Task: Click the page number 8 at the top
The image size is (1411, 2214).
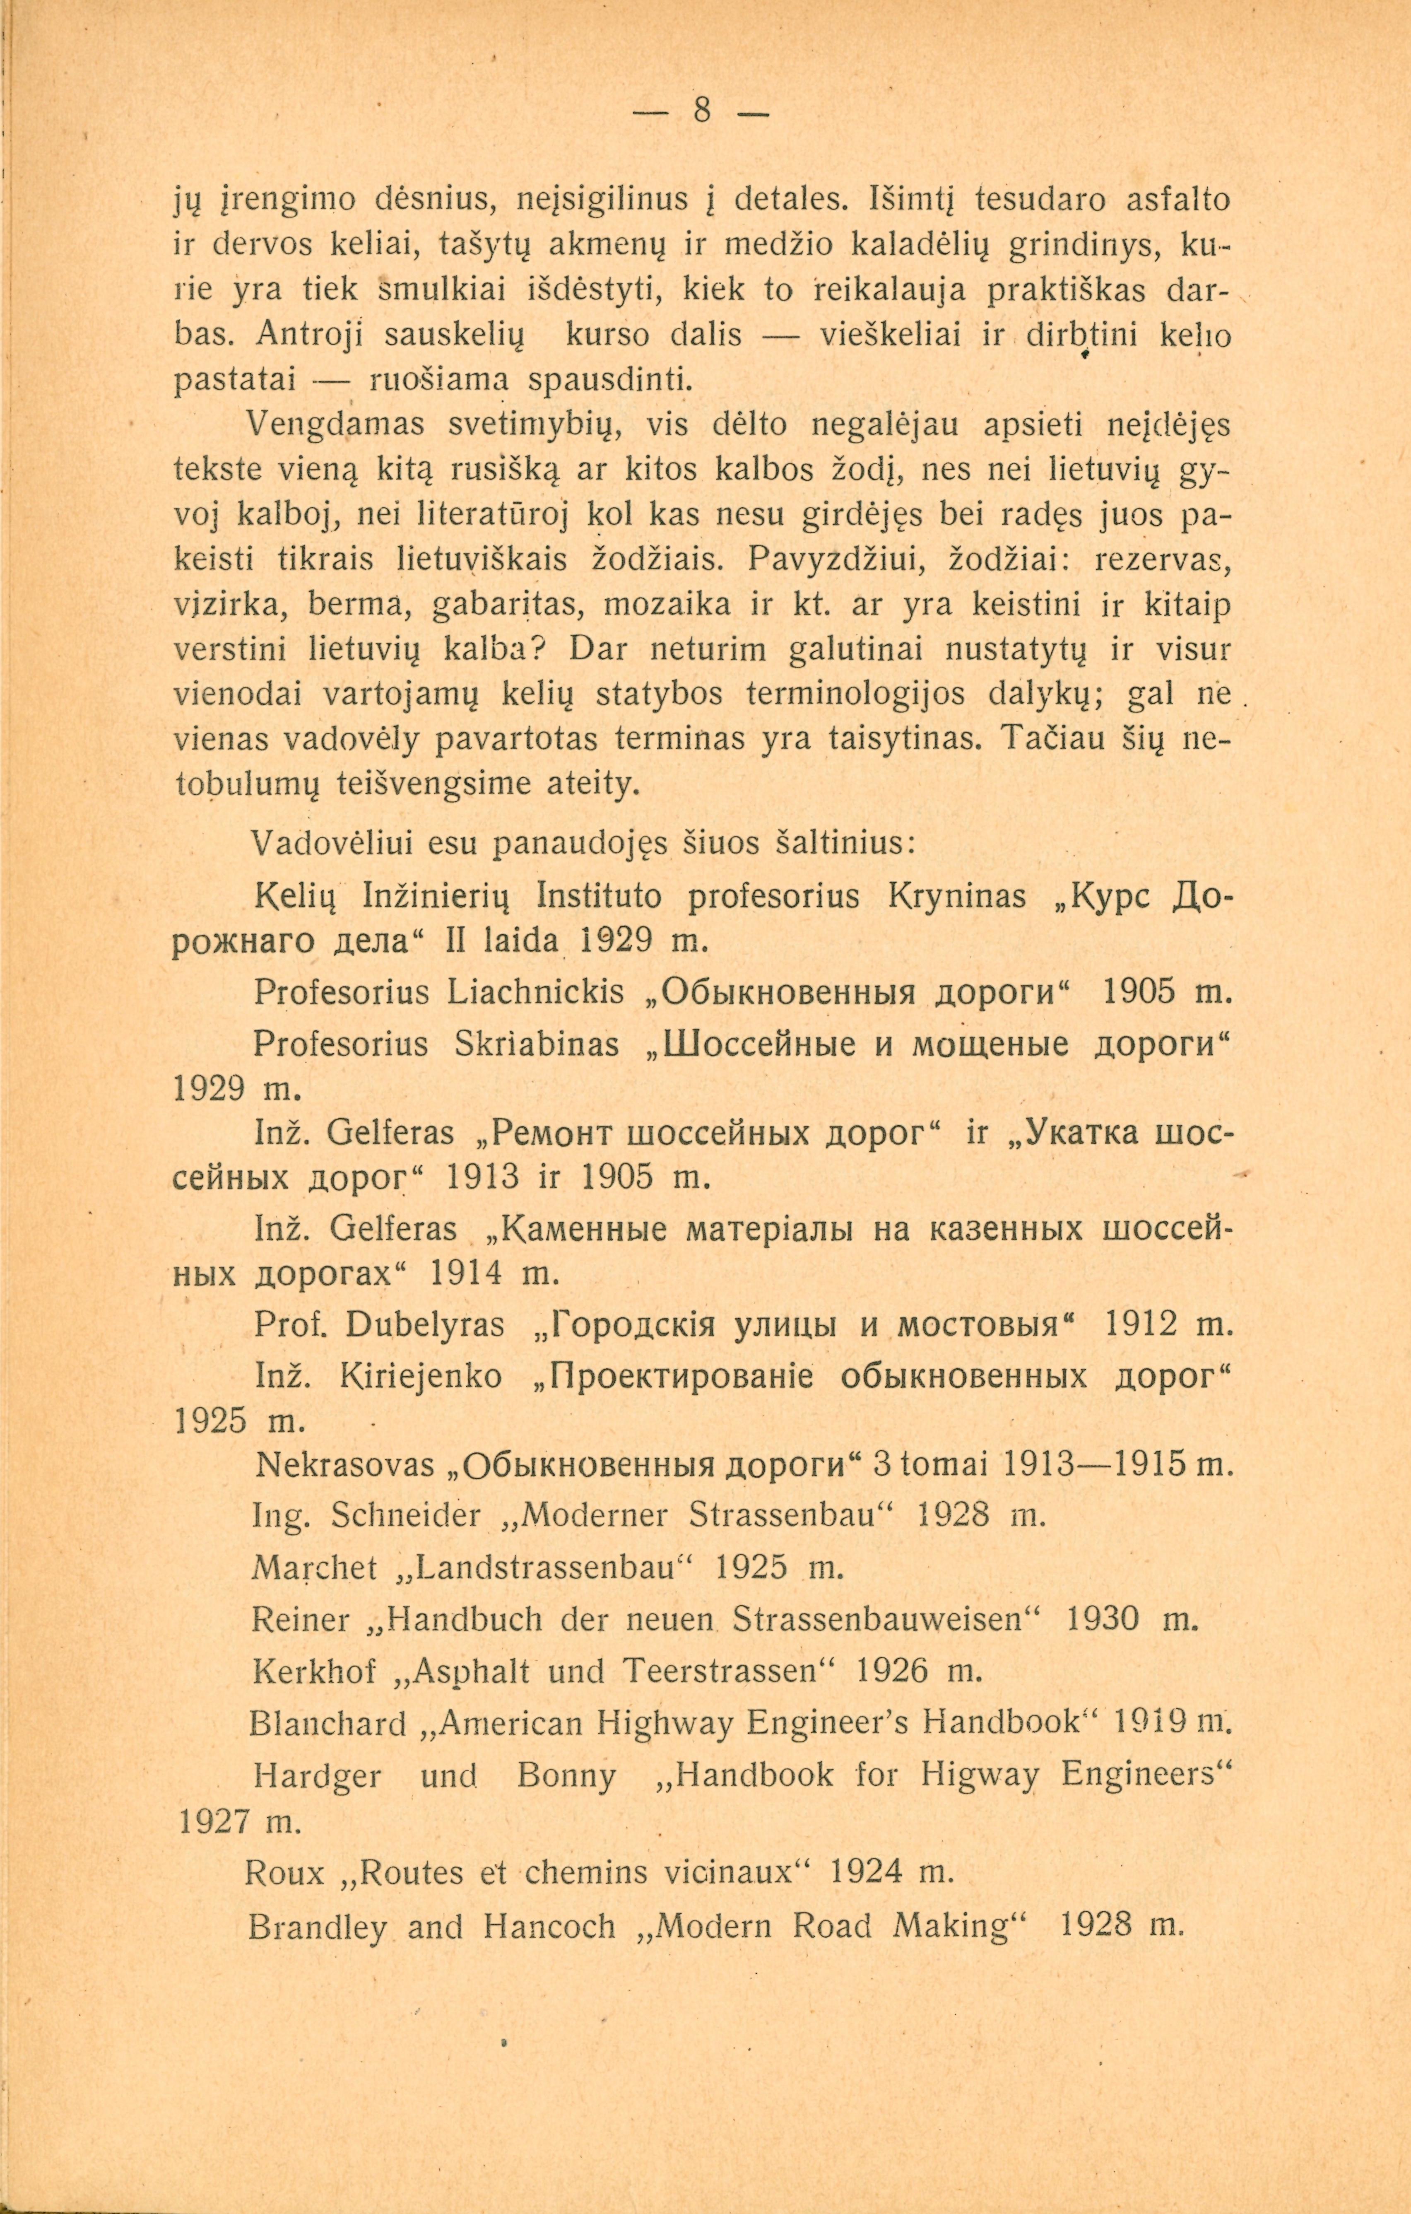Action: coord(701,111)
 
